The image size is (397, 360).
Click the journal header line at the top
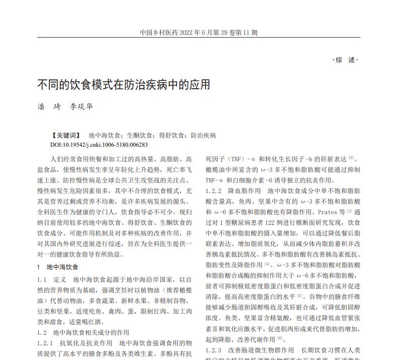click(x=198, y=33)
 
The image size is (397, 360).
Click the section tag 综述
click(x=346, y=60)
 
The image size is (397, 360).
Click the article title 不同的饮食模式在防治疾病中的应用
click(x=123, y=84)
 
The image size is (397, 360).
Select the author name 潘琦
click(x=48, y=107)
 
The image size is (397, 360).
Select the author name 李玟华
click(x=81, y=107)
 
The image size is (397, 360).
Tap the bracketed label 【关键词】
click(x=65, y=136)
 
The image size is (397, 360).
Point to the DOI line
click(x=99, y=145)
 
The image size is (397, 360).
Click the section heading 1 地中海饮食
click(x=57, y=267)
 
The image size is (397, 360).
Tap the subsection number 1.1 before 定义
click(x=42, y=279)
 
